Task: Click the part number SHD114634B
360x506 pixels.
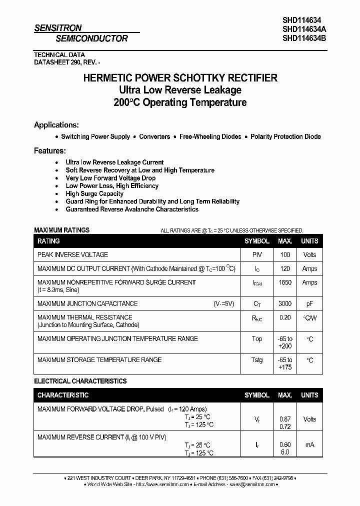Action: [x=304, y=38]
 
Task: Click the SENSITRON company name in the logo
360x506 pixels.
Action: [x=57, y=28]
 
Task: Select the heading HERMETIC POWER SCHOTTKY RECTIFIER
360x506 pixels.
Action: [x=179, y=78]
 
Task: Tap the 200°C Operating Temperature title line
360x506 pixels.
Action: [x=179, y=102]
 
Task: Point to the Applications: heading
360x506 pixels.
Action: [x=56, y=125]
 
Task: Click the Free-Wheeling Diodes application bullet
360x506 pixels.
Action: [x=210, y=136]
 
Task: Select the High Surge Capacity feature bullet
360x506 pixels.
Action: [x=94, y=193]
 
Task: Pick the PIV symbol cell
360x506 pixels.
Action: [x=257, y=254]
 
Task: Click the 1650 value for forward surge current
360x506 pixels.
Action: [x=285, y=282]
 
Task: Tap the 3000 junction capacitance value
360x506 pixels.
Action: [x=285, y=303]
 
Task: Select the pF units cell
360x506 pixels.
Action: [x=309, y=303]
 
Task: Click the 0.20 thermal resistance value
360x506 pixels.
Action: [x=285, y=317]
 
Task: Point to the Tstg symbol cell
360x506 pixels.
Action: [x=257, y=360]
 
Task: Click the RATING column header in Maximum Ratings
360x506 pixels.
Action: [x=48, y=241]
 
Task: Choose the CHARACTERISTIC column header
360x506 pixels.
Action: [x=63, y=395]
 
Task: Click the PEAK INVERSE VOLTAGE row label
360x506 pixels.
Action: [x=72, y=254]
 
